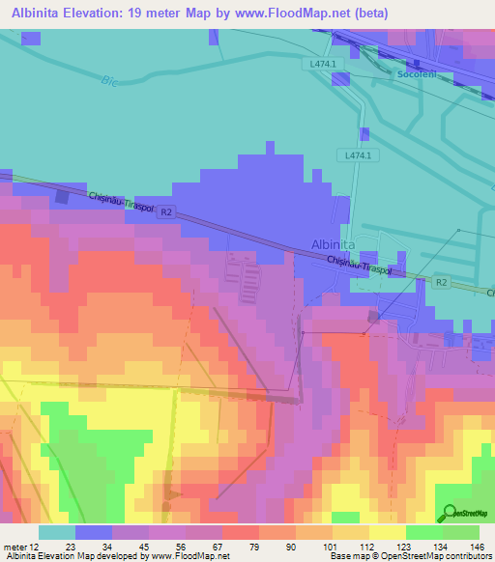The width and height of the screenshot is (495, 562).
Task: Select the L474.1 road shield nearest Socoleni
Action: (x=323, y=64)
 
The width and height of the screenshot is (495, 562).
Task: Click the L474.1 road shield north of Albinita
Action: (x=358, y=155)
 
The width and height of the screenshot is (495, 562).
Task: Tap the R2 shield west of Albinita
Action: (x=167, y=212)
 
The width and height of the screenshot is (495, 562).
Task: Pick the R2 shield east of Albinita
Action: (x=441, y=281)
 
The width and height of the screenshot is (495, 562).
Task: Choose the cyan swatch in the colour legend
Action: (x=56, y=532)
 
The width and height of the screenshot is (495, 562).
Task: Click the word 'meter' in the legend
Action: (x=14, y=546)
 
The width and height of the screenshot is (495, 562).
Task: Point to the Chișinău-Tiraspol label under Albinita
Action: (x=359, y=266)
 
